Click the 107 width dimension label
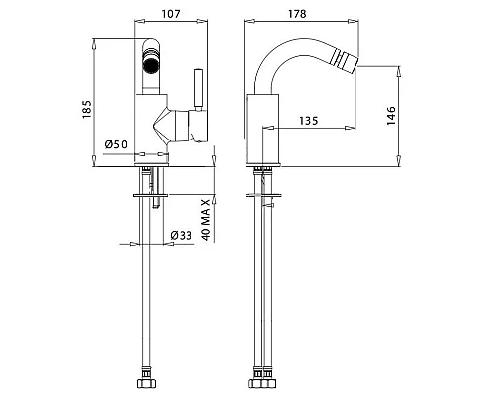point(171,14)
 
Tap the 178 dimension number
point(298,14)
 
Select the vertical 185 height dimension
point(86,109)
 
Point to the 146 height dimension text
point(391,115)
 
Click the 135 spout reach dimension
point(309,121)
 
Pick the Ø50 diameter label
point(116,144)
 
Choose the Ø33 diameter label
point(181,235)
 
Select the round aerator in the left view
point(151,63)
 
